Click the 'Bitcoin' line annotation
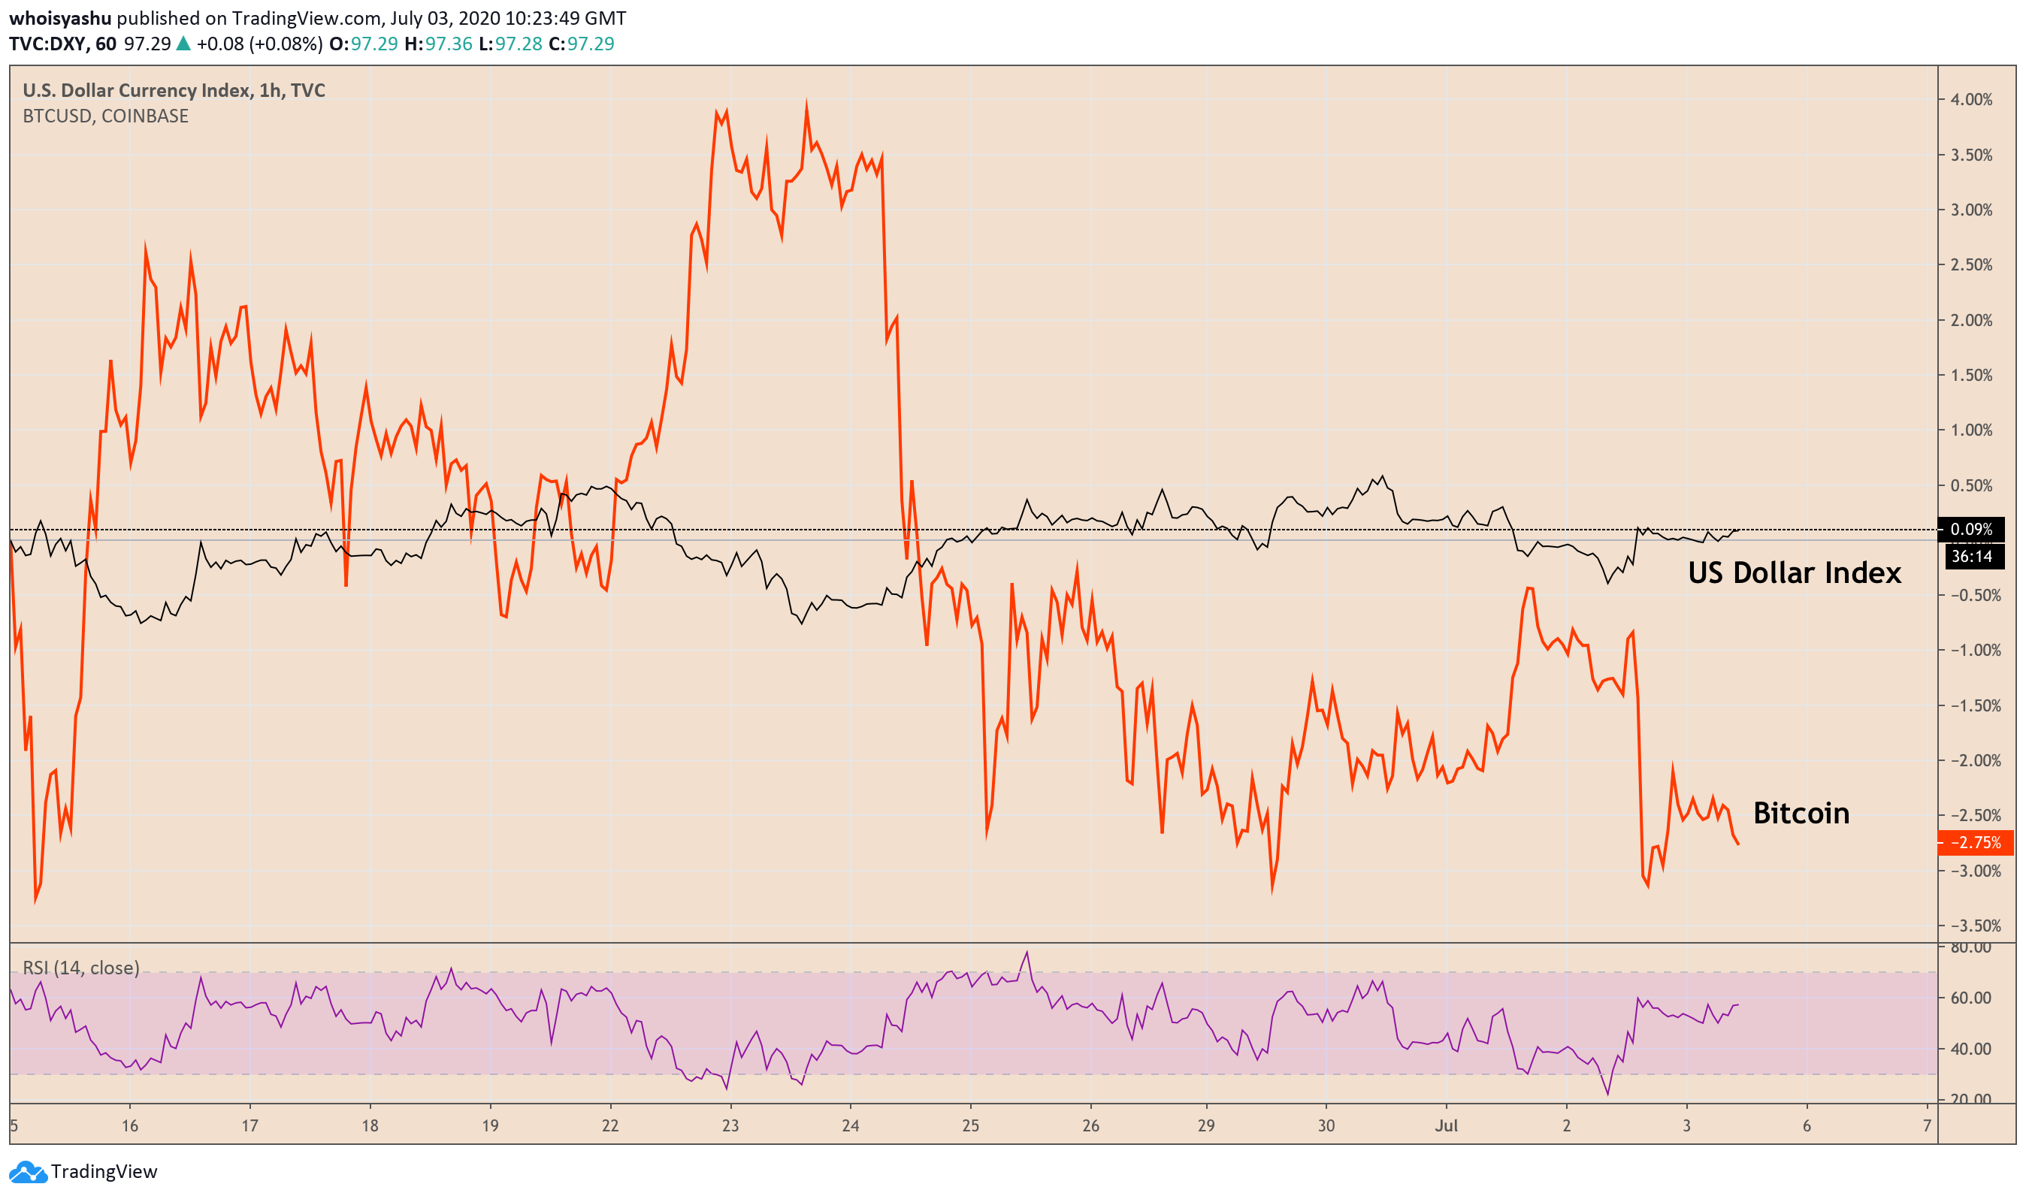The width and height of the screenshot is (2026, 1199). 1801,814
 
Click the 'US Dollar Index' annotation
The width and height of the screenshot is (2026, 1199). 1794,573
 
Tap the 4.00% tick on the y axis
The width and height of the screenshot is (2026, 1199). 1971,99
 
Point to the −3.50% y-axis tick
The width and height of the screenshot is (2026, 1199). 1974,926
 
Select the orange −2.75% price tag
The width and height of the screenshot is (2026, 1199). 1975,843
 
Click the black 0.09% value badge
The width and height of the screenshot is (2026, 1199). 1971,529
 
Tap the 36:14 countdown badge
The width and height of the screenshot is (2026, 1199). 1972,557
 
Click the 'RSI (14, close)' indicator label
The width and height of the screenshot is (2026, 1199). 81,968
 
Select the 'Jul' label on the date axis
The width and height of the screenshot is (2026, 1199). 1446,1126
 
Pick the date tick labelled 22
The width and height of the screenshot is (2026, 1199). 610,1126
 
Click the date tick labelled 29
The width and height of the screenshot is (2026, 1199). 1205,1126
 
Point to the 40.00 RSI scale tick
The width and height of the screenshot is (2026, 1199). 1970,1049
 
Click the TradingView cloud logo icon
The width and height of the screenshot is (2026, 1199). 28,1171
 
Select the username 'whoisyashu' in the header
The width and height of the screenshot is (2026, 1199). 60,18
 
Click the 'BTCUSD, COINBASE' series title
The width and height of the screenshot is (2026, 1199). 105,116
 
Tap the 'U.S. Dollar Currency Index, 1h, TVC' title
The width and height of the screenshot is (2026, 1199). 174,90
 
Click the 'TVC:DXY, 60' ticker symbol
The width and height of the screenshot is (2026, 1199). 62,44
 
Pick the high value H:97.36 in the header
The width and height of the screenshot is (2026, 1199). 438,44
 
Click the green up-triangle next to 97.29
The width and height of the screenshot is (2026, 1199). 183,44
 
